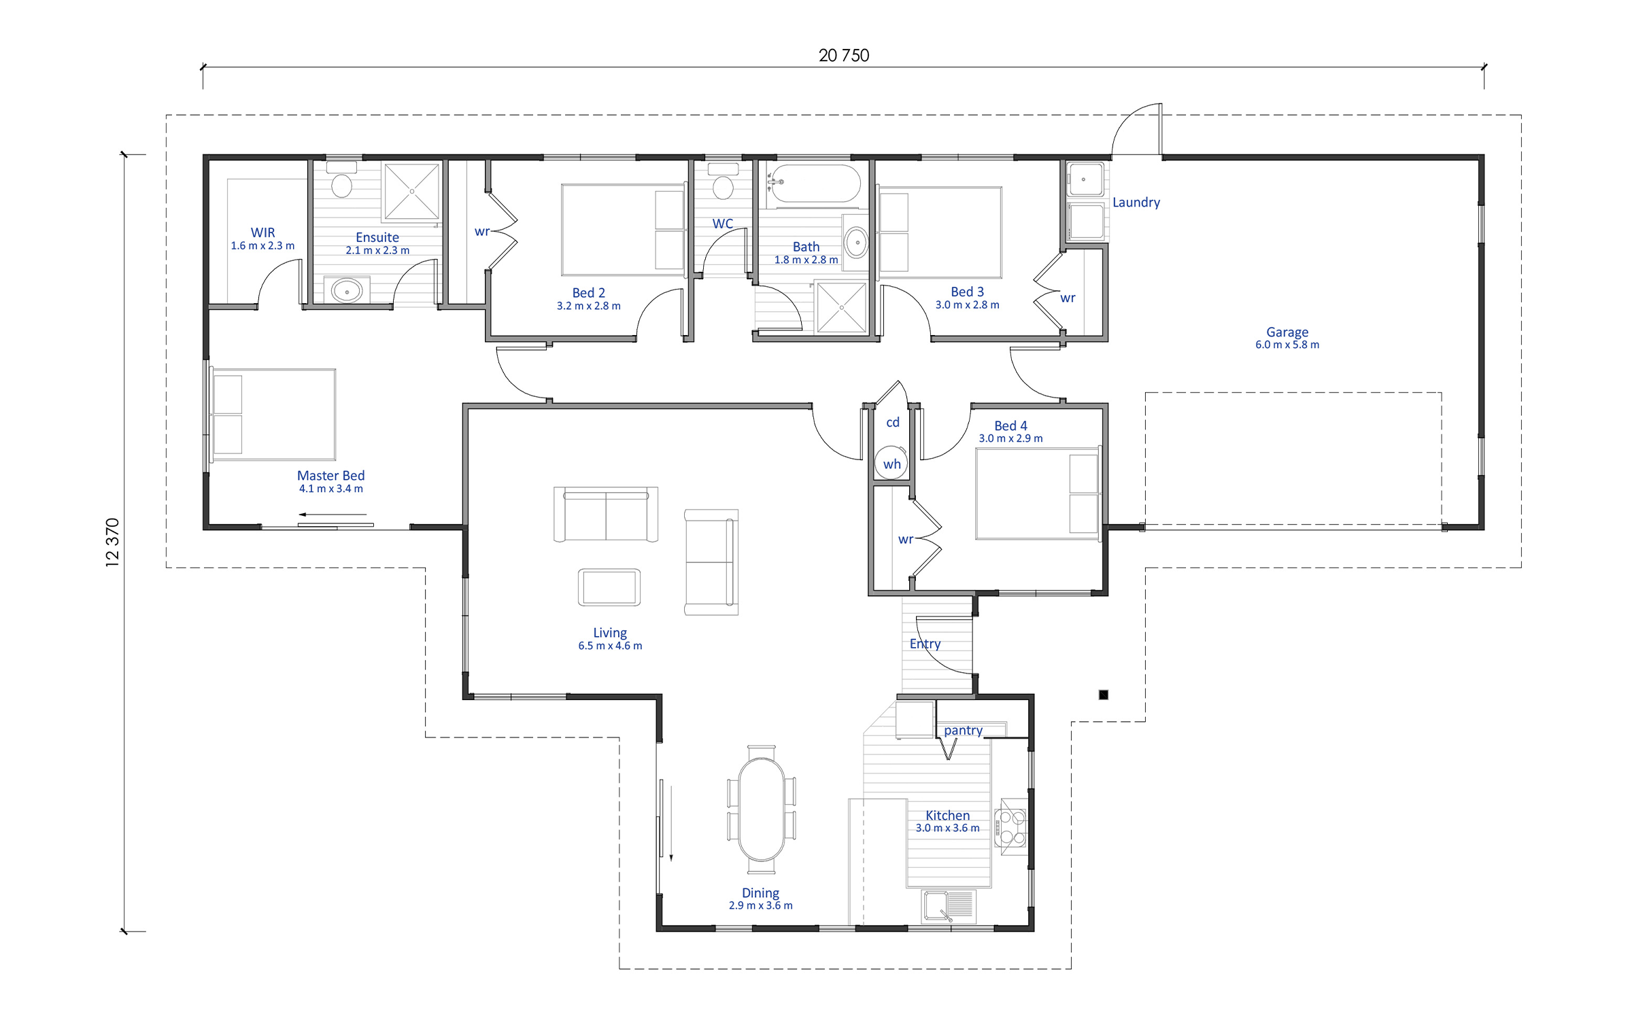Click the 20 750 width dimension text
(844, 55)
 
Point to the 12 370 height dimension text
(113, 542)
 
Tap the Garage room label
(1287, 332)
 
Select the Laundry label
(1136, 202)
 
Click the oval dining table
(762, 809)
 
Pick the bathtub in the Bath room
(815, 184)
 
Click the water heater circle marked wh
(891, 464)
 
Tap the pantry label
(963, 731)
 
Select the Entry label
(925, 644)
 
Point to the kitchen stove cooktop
(1011, 827)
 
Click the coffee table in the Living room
(609, 587)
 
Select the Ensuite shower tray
(412, 192)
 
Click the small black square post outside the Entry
(1104, 695)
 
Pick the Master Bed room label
(331, 476)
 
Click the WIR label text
(262, 232)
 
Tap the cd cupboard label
(893, 422)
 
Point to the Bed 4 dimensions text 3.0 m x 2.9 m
(1010, 438)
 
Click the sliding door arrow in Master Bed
(333, 514)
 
